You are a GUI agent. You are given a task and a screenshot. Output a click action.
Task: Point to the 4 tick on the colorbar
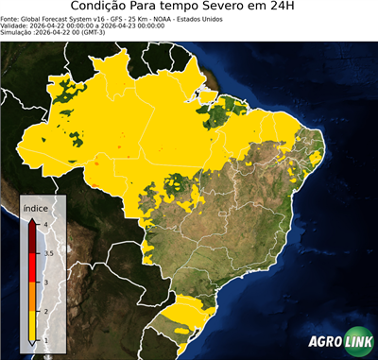[x=45, y=225]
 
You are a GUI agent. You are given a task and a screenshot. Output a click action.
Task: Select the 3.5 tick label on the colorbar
[x=48, y=253]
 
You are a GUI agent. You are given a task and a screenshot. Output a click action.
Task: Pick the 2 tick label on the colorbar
[x=45, y=312]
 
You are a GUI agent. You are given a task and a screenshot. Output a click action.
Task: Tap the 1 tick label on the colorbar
[x=45, y=340]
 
